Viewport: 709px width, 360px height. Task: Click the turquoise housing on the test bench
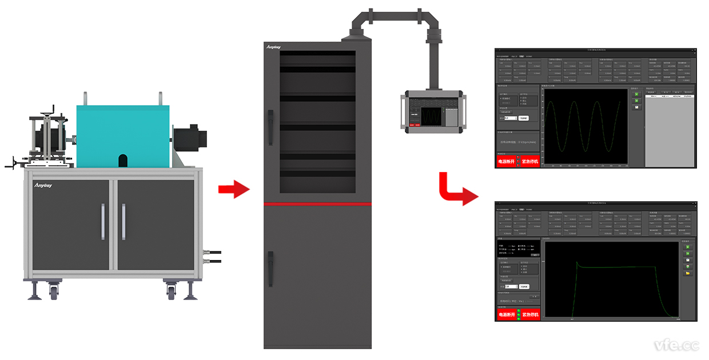(x=122, y=134)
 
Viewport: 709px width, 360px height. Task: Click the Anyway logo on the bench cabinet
(x=43, y=185)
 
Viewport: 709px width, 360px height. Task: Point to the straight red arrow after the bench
(x=234, y=189)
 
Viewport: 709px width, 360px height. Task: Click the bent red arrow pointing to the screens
(x=457, y=191)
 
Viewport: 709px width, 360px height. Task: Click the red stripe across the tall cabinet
(x=317, y=203)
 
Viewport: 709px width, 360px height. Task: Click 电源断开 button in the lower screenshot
(x=507, y=314)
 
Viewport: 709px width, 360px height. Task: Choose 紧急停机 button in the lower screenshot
(x=530, y=314)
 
